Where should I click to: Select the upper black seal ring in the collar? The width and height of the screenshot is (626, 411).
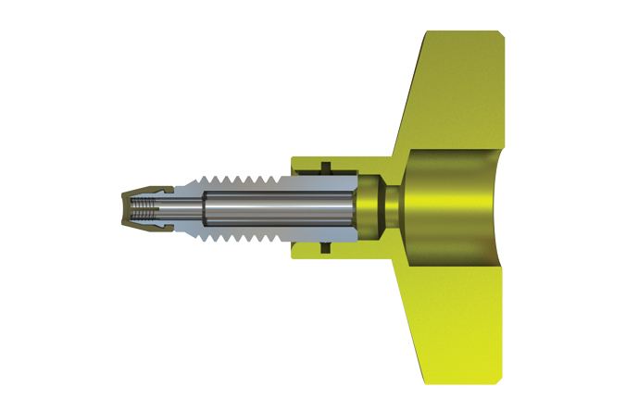[x=326, y=168]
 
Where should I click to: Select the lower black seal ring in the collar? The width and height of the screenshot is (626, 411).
[x=326, y=248]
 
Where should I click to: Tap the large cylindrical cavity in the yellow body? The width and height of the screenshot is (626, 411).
[x=449, y=207]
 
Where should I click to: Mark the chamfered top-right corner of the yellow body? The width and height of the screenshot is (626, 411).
[x=501, y=36]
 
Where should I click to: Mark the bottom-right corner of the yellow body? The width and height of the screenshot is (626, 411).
[x=501, y=379]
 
